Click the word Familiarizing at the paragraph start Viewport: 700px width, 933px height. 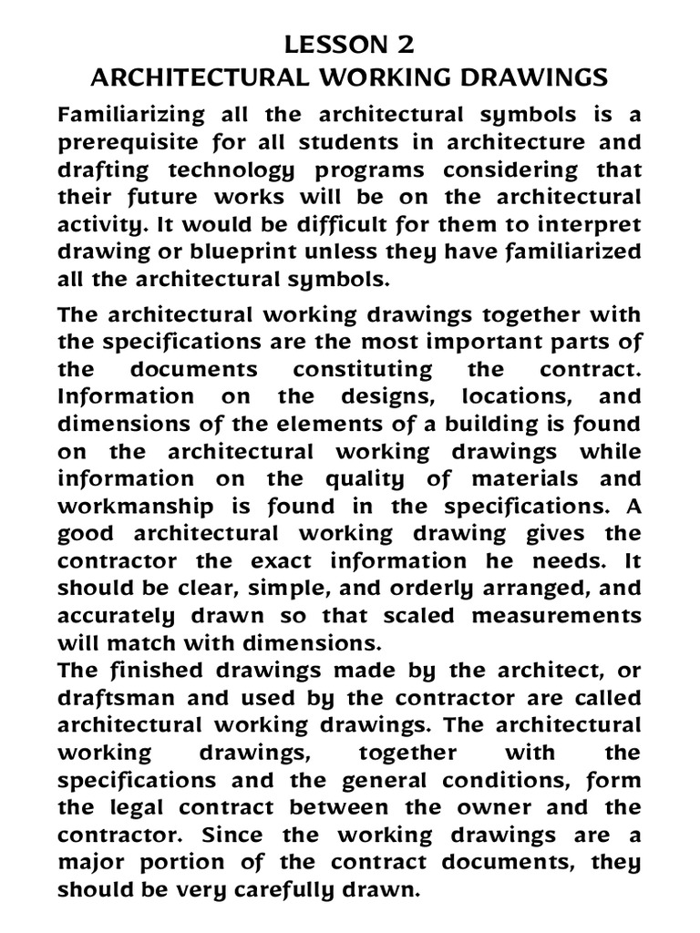[128, 115]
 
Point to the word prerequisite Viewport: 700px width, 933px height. [124, 143]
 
